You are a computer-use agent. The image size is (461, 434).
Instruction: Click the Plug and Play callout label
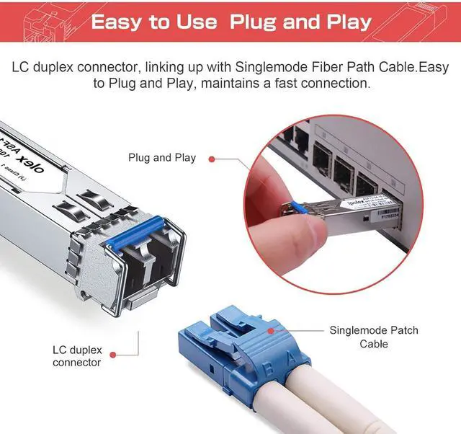click(162, 157)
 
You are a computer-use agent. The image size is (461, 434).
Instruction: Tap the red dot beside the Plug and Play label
click(212, 158)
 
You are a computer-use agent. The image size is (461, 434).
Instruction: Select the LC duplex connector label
click(77, 356)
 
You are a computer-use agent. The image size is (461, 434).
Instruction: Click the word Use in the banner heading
click(194, 22)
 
